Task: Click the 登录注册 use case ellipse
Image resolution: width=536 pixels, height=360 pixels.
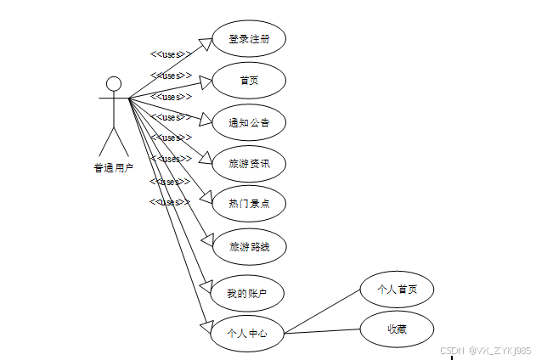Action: coord(249,39)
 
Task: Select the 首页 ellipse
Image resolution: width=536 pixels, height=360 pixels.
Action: coord(249,80)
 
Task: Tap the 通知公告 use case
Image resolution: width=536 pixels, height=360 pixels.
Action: coord(249,122)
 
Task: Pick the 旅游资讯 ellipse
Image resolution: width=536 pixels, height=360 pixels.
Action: coord(249,163)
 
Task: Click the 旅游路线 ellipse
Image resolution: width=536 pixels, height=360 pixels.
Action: coord(249,247)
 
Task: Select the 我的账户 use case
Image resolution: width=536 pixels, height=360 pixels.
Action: coord(246,294)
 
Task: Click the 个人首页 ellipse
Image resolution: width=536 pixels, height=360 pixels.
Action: coord(398,290)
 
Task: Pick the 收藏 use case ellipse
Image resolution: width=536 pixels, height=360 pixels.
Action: coord(397,329)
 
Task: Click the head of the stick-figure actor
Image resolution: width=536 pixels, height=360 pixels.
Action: coord(113,84)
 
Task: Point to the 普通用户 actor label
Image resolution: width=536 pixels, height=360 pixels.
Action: coord(113,167)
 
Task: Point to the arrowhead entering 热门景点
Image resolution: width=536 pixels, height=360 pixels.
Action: coord(205,196)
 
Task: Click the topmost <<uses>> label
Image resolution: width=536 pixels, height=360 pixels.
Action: coord(170,55)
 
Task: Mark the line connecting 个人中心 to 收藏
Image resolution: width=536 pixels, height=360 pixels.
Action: coord(323,330)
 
